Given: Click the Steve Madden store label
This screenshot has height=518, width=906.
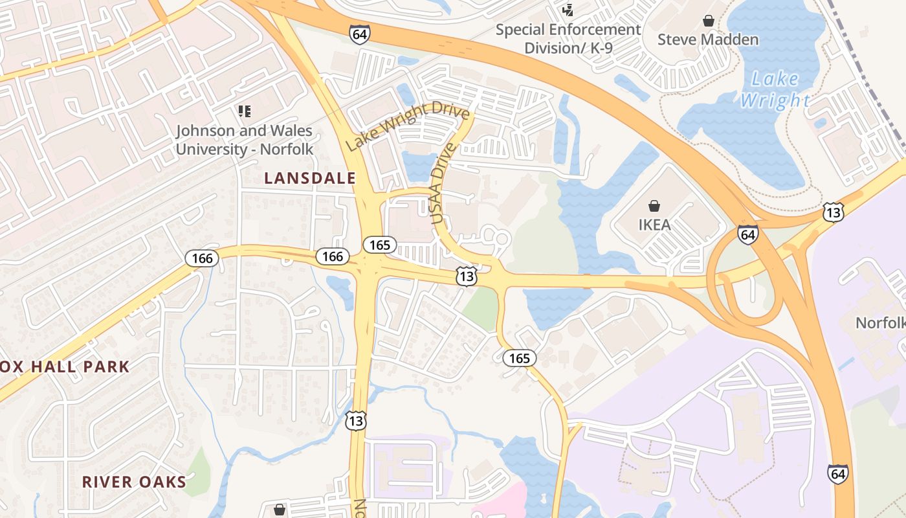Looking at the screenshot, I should tap(708, 39).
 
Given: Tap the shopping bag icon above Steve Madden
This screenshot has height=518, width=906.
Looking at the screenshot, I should tap(709, 21).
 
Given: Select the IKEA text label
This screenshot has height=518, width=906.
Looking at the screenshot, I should tap(654, 225).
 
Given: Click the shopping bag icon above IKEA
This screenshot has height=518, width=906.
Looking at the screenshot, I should tap(654, 206).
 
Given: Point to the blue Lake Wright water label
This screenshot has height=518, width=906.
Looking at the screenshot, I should tap(775, 89).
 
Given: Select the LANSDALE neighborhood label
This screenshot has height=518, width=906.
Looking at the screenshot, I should tap(310, 178).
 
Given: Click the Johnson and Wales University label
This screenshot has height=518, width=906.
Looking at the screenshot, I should tap(245, 140).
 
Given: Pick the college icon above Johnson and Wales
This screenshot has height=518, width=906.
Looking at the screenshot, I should tap(244, 111).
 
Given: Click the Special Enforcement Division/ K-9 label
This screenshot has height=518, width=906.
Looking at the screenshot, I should tap(568, 39).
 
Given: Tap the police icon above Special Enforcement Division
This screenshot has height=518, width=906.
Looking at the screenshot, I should tap(568, 9).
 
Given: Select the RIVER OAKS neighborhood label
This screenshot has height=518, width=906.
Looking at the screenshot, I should tap(134, 482).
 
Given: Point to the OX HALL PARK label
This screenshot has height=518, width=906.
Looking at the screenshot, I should tap(65, 366).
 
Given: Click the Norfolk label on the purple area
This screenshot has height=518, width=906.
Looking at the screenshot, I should tap(880, 322).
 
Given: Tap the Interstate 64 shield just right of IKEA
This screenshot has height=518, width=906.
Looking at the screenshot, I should tap(747, 234).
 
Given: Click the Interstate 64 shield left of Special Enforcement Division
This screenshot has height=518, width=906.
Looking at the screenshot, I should tap(360, 34).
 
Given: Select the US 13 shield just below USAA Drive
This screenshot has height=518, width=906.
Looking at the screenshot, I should tap(466, 275).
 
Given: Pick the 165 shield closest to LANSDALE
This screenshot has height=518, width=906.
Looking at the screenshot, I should tap(379, 245).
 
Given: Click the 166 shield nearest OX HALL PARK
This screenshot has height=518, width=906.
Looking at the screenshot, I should tap(202, 258).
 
